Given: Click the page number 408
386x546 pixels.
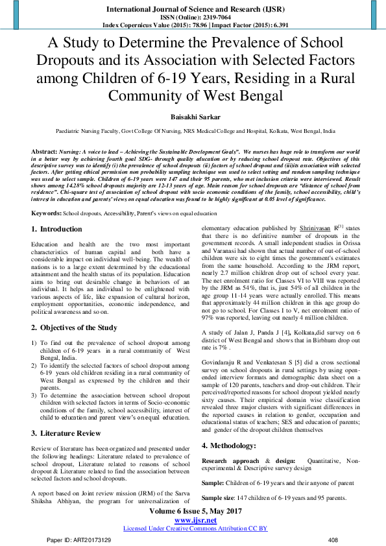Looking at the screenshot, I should pos(333,540).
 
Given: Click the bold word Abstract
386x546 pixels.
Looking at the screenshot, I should pos(45,150).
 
